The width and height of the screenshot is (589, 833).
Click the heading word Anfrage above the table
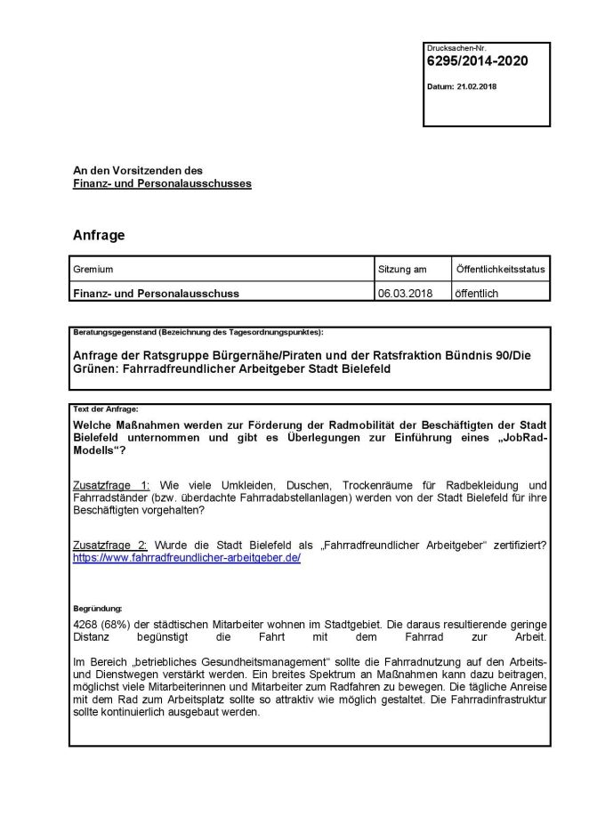tap(99, 236)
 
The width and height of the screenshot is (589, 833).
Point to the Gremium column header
tap(93, 269)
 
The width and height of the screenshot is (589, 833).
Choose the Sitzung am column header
tap(402, 269)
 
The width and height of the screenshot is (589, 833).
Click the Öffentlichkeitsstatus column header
tap(500, 269)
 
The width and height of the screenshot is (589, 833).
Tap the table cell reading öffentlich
tap(480, 292)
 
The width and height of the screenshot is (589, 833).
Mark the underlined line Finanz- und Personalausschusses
tap(162, 183)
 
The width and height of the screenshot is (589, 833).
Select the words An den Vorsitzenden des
tap(138, 170)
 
